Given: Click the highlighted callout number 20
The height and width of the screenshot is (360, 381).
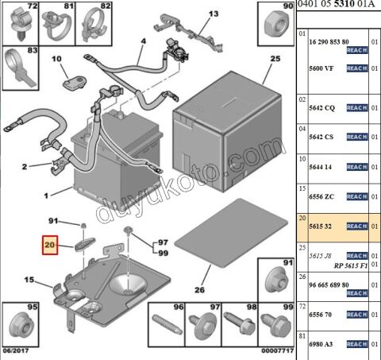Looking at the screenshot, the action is click(x=50, y=245).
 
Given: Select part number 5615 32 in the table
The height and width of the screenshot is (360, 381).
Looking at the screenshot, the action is click(x=320, y=226).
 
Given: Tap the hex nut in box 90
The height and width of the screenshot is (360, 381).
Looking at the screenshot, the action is click(x=276, y=25).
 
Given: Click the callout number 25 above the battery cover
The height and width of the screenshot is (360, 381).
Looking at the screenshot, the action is click(x=275, y=59).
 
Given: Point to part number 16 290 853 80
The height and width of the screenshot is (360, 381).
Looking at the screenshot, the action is click(x=329, y=42).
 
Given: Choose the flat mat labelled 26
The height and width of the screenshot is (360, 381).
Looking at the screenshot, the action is click(x=231, y=232).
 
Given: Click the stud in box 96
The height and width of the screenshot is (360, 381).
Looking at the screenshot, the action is click(x=167, y=324).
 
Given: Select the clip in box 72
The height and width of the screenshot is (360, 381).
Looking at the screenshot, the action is click(x=21, y=24).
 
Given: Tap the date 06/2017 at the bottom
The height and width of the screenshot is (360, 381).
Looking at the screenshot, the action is click(x=16, y=350).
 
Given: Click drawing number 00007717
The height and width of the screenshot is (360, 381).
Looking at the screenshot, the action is click(x=278, y=350).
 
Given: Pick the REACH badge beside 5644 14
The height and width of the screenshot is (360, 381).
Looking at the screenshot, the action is click(x=357, y=167).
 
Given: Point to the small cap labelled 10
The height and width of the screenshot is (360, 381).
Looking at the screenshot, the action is click(x=75, y=83).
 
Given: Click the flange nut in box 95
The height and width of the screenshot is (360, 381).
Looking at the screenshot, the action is click(x=21, y=327).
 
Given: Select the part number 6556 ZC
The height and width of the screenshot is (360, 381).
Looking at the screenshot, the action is click(x=321, y=196).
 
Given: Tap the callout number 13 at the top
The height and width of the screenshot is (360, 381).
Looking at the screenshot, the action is click(x=214, y=14).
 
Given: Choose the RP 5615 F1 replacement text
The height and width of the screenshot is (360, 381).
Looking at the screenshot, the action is click(x=351, y=265).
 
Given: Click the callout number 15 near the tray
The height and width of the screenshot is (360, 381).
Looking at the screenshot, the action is click(x=29, y=280).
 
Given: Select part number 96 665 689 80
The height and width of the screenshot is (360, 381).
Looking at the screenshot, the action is click(x=329, y=285).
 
